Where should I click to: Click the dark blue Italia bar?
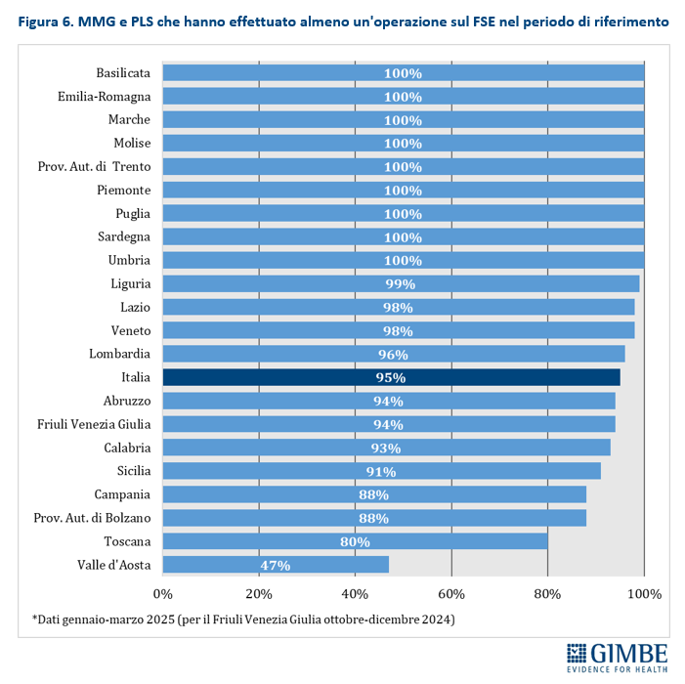[391, 377]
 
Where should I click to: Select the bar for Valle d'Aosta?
[276, 565]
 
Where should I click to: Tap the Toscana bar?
[355, 541]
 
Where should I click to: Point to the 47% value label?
[276, 565]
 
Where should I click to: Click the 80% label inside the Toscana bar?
[355, 541]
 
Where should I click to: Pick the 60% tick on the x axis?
[451, 593]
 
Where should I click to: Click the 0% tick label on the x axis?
[162, 593]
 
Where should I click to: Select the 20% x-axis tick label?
[258, 593]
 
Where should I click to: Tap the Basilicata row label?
[123, 73]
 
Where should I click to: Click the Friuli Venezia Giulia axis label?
[94, 424]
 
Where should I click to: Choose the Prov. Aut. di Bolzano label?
[92, 518]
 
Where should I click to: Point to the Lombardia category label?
[121, 354]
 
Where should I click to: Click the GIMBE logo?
[618, 655]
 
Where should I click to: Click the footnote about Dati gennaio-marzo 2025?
[243, 620]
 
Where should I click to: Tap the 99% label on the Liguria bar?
[401, 283]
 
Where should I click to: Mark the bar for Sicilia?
[381, 471]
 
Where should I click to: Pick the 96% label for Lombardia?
[393, 354]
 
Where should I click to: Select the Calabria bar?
[386, 448]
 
